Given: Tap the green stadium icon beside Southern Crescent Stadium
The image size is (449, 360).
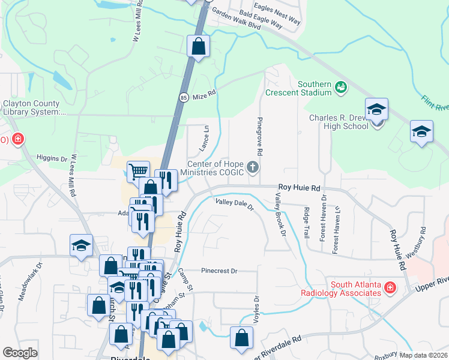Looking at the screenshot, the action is click(x=341, y=88).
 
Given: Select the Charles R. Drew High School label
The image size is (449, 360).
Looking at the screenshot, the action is click(x=339, y=122).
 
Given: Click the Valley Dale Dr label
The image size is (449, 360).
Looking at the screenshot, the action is click(x=235, y=205).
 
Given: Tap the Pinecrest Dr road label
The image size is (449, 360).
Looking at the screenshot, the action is click(x=220, y=271).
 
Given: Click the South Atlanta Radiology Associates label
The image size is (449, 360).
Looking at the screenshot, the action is click(x=354, y=288).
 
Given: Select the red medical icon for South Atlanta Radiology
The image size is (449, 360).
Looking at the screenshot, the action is click(x=390, y=288).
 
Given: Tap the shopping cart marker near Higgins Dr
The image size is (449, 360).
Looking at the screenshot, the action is click(x=139, y=172).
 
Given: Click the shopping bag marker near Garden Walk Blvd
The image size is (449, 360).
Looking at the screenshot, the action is click(x=198, y=46).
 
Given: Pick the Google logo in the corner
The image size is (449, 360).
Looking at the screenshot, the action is click(x=20, y=352).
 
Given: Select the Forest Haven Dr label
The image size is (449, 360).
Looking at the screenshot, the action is click(x=324, y=217).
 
